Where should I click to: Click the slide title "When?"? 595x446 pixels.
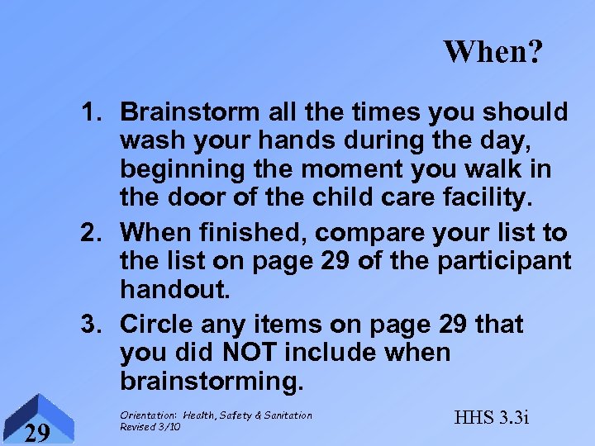pos(493,52)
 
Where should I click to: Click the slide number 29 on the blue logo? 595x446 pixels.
pos(35,432)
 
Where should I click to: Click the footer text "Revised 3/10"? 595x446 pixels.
pos(151,426)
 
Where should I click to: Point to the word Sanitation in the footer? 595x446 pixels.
pos(287,415)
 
